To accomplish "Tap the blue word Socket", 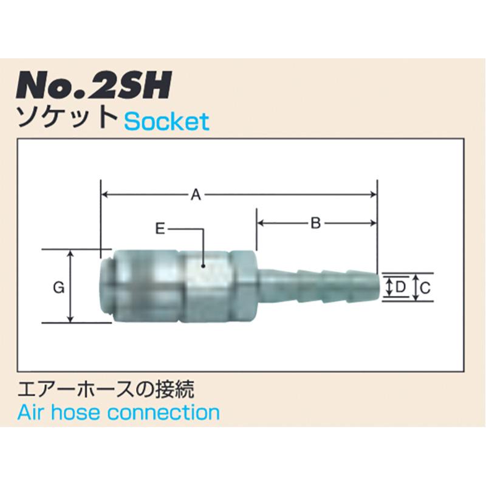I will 166,122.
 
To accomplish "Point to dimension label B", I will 315,224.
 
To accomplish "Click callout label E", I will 160,229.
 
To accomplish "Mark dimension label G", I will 58,288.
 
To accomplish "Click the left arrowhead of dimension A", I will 104,194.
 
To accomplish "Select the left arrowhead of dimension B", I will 261,224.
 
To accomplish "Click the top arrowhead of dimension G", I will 72,253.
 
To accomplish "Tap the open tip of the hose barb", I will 382,287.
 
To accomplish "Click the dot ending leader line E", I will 203,265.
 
